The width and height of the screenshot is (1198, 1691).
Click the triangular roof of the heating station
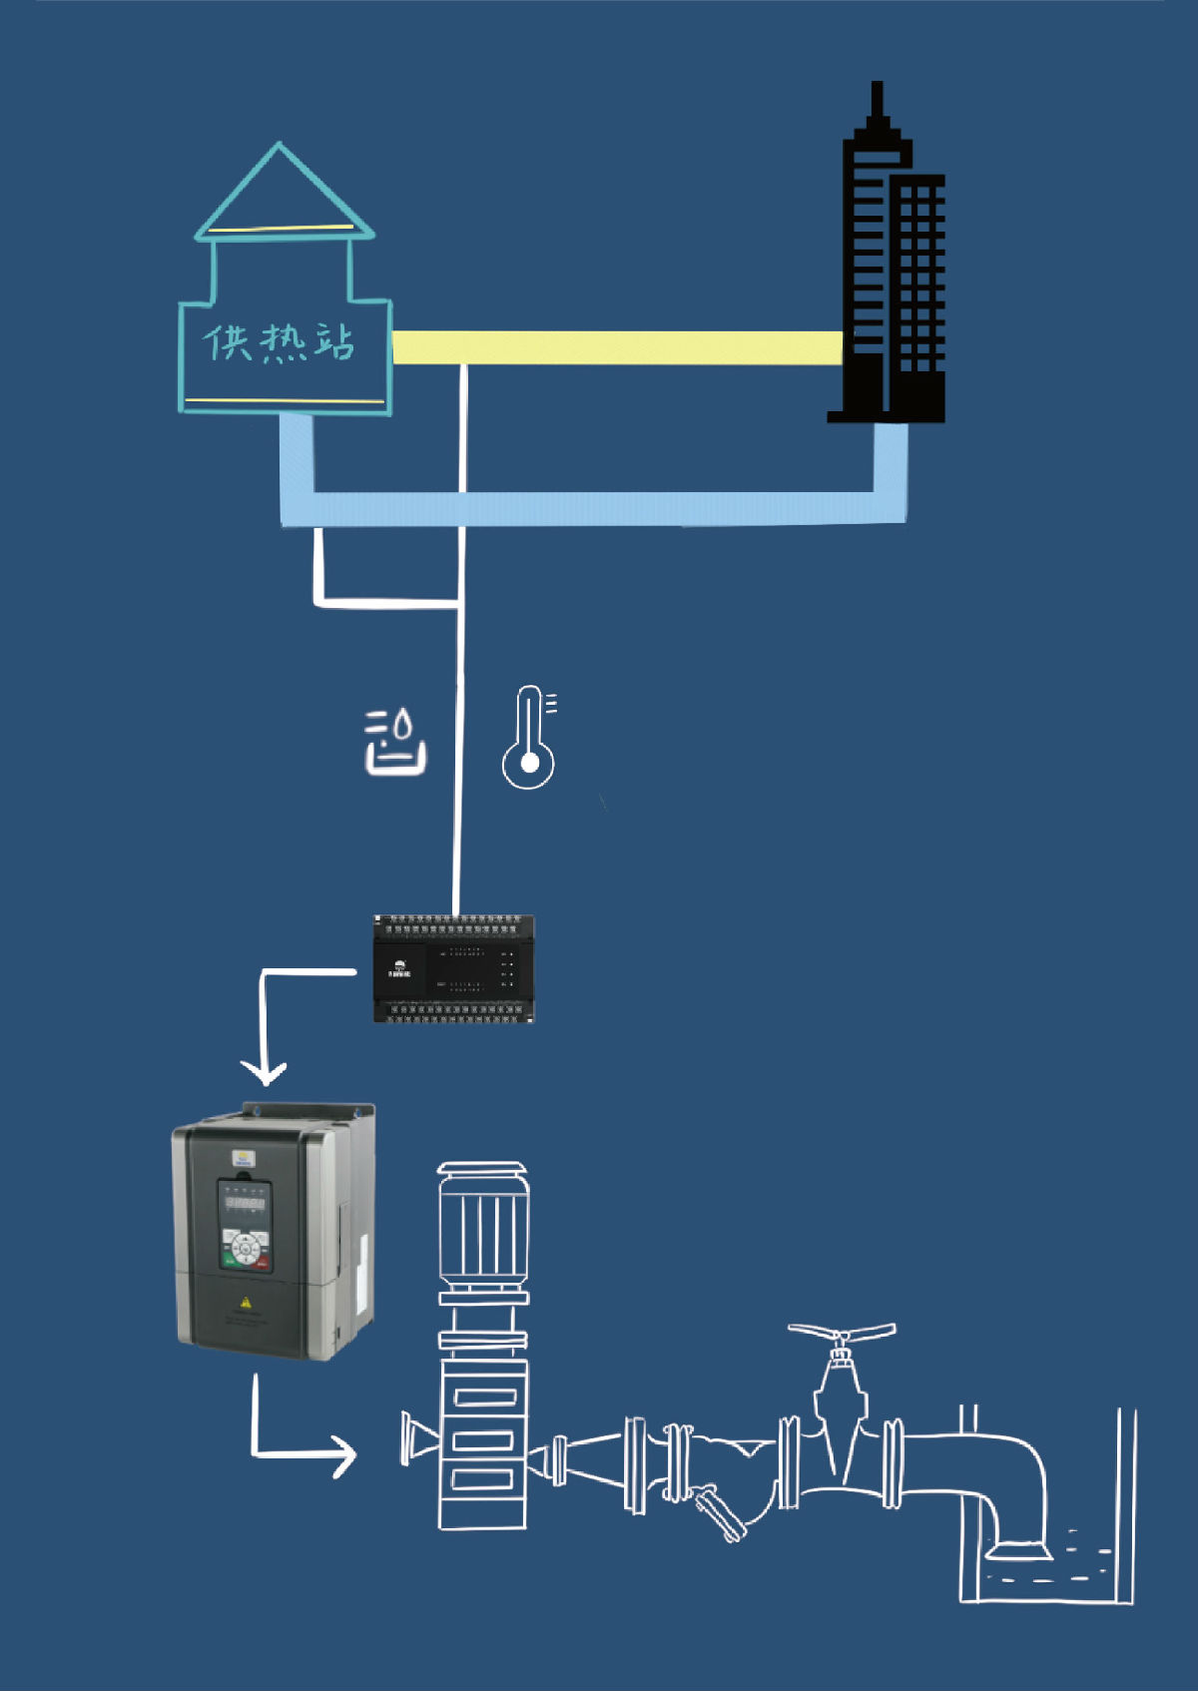281,195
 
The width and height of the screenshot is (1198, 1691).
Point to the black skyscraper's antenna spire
877,100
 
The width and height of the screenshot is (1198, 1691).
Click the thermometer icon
529,739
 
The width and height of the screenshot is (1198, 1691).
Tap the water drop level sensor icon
395,743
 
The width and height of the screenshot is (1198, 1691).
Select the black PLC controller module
454,968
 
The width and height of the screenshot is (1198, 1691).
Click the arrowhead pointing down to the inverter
265,1073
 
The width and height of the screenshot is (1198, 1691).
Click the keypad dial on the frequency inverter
245,1248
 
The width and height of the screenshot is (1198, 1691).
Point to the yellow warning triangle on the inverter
246,1303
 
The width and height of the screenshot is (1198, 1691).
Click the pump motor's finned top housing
482,1228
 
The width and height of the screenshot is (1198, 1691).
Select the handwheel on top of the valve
842,1334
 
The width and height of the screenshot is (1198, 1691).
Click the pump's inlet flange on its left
408,1438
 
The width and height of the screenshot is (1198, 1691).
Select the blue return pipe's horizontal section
599,508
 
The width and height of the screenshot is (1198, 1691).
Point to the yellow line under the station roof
283,229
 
